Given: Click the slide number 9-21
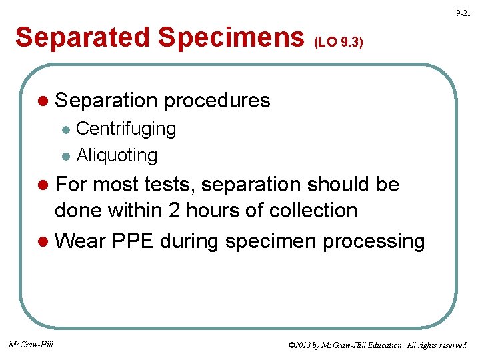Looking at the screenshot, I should pyautogui.click(x=463, y=13).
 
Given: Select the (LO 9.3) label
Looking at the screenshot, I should pyautogui.click(x=338, y=43).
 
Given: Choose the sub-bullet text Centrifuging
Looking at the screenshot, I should pyautogui.click(x=126, y=129).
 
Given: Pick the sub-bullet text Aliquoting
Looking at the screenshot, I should pyautogui.click(x=117, y=155).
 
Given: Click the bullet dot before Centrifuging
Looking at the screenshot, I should pyautogui.click(x=65, y=129).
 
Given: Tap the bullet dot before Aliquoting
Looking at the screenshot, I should pyautogui.click(x=65, y=157).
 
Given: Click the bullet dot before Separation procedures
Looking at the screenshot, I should pyautogui.click(x=43, y=101).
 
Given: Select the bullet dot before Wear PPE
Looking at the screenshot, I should pyautogui.click(x=43, y=241).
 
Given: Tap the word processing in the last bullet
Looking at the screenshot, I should pyautogui.click(x=373, y=241).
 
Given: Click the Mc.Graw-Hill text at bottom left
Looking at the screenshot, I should pyautogui.click(x=31, y=344).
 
